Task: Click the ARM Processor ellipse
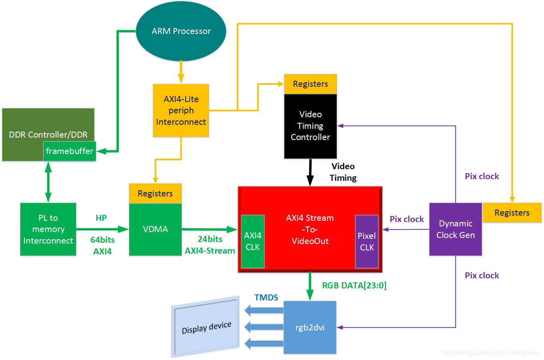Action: (x=181, y=31)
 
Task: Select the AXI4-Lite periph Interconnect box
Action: (x=181, y=110)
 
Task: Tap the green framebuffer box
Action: (x=70, y=151)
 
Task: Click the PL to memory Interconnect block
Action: (x=48, y=229)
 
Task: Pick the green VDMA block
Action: (x=155, y=229)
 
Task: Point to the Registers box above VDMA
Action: (x=155, y=194)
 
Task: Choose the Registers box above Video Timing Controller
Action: (x=310, y=84)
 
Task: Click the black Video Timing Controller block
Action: (x=310, y=126)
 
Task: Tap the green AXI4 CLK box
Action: (x=253, y=241)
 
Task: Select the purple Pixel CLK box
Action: (x=367, y=242)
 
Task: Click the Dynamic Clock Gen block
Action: (x=456, y=229)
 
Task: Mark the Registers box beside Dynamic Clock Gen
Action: (x=512, y=213)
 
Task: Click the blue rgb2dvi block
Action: (x=310, y=328)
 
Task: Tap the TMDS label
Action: (x=266, y=298)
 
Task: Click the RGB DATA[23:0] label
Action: (x=354, y=286)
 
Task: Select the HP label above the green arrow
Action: (x=101, y=218)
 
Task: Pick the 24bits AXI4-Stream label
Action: (x=210, y=245)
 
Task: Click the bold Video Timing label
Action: (x=343, y=172)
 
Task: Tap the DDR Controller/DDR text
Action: (x=48, y=135)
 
